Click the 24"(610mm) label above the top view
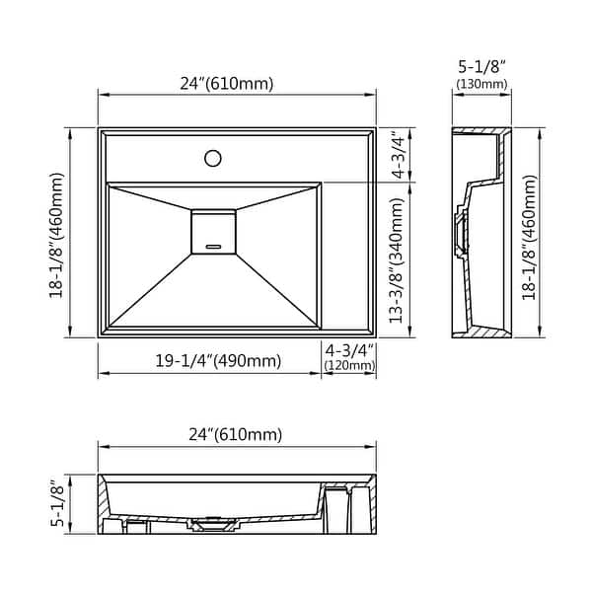(x=227, y=83)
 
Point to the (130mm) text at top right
(x=481, y=84)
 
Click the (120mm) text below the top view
(x=349, y=366)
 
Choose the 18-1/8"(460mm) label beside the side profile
(x=530, y=236)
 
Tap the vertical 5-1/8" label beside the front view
(x=57, y=502)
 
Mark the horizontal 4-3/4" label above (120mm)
(x=349, y=350)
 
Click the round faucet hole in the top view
(x=212, y=157)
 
